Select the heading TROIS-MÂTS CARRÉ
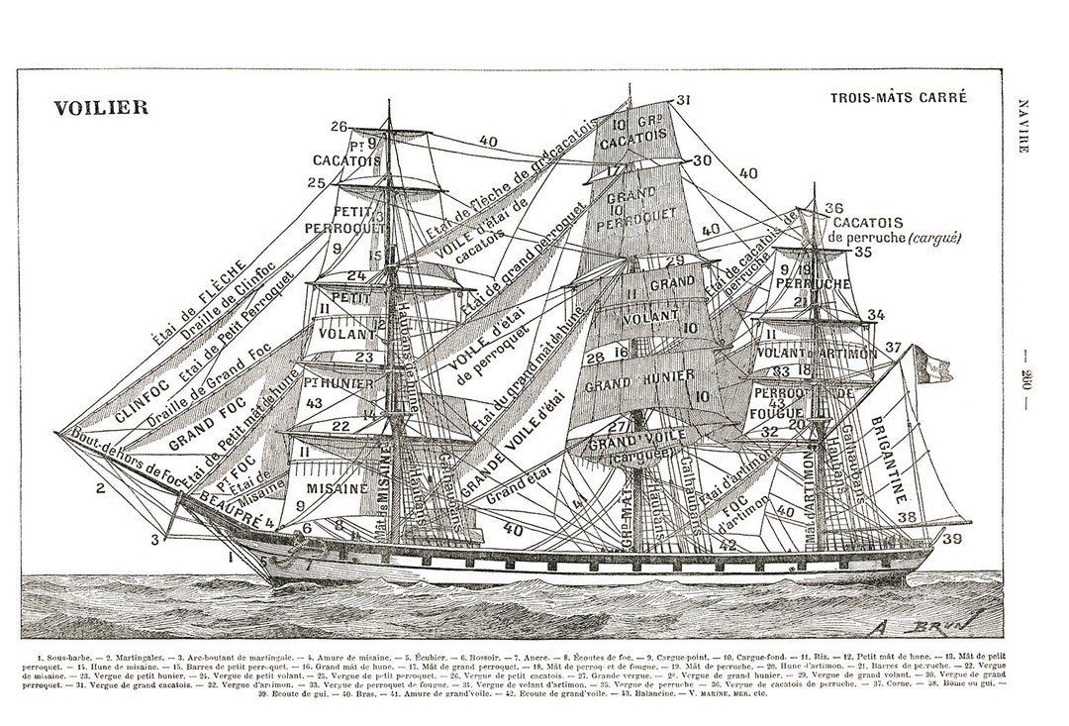pos(898,98)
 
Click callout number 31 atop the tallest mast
pos(683,99)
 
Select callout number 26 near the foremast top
pos(339,126)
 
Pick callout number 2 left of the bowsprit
pos(100,487)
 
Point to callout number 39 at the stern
pos(952,539)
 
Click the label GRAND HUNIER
pos(633,382)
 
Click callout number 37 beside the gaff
pos(894,347)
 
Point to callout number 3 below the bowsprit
pos(155,539)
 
